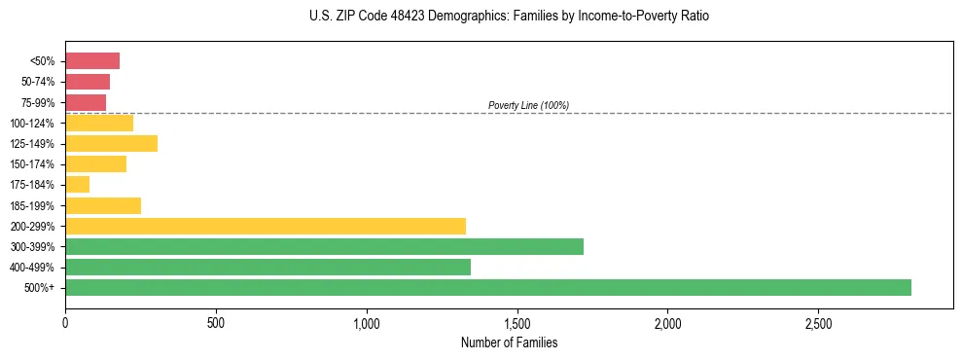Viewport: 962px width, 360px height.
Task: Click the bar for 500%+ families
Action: coord(487,287)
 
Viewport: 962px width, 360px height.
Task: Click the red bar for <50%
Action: coord(92,61)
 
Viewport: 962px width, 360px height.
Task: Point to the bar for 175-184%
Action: coord(77,185)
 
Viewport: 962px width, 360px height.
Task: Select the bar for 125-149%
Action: coord(111,144)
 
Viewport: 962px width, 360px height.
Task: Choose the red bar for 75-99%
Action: coord(86,102)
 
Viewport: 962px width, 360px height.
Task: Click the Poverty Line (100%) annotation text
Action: coord(528,105)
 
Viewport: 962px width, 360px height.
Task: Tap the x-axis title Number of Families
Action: coord(509,342)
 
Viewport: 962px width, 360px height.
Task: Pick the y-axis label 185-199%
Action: coord(32,205)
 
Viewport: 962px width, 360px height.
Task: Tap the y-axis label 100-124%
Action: coord(32,124)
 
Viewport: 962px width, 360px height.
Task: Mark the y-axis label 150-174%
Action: coord(32,164)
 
